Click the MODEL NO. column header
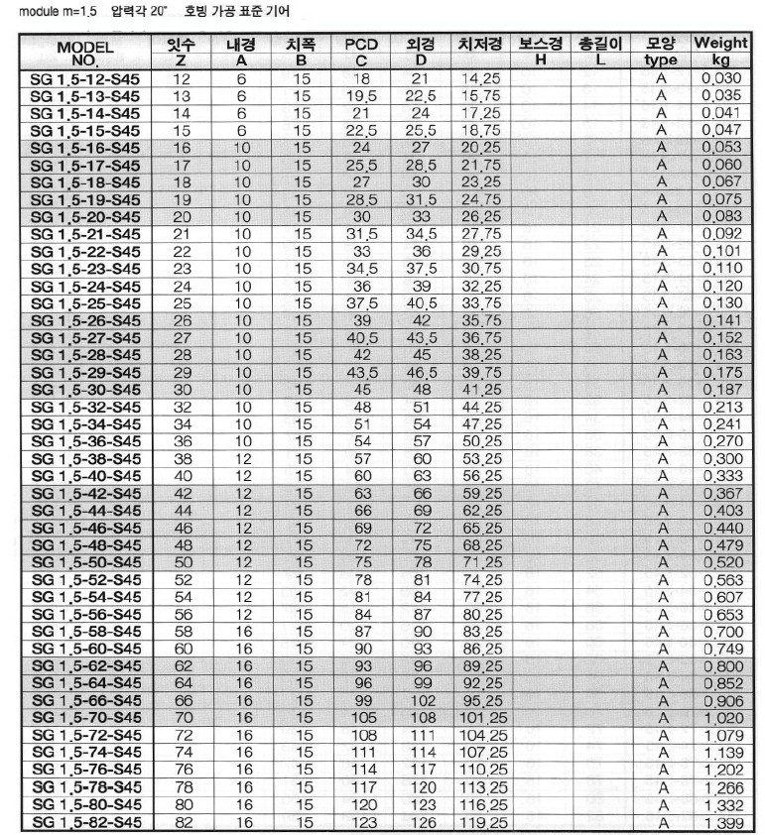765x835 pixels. tap(85, 53)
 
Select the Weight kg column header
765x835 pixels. tap(720, 53)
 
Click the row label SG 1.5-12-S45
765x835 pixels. tap(85, 77)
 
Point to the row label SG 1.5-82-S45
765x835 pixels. tap(85, 822)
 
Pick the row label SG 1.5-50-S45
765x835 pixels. tap(85, 561)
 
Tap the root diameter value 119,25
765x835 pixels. tap(483, 822)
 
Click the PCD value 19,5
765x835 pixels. tap(361, 95)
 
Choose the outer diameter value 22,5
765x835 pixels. tap(420, 95)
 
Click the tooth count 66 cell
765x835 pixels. tap(182, 700)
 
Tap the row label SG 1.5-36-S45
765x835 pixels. tap(85, 440)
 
